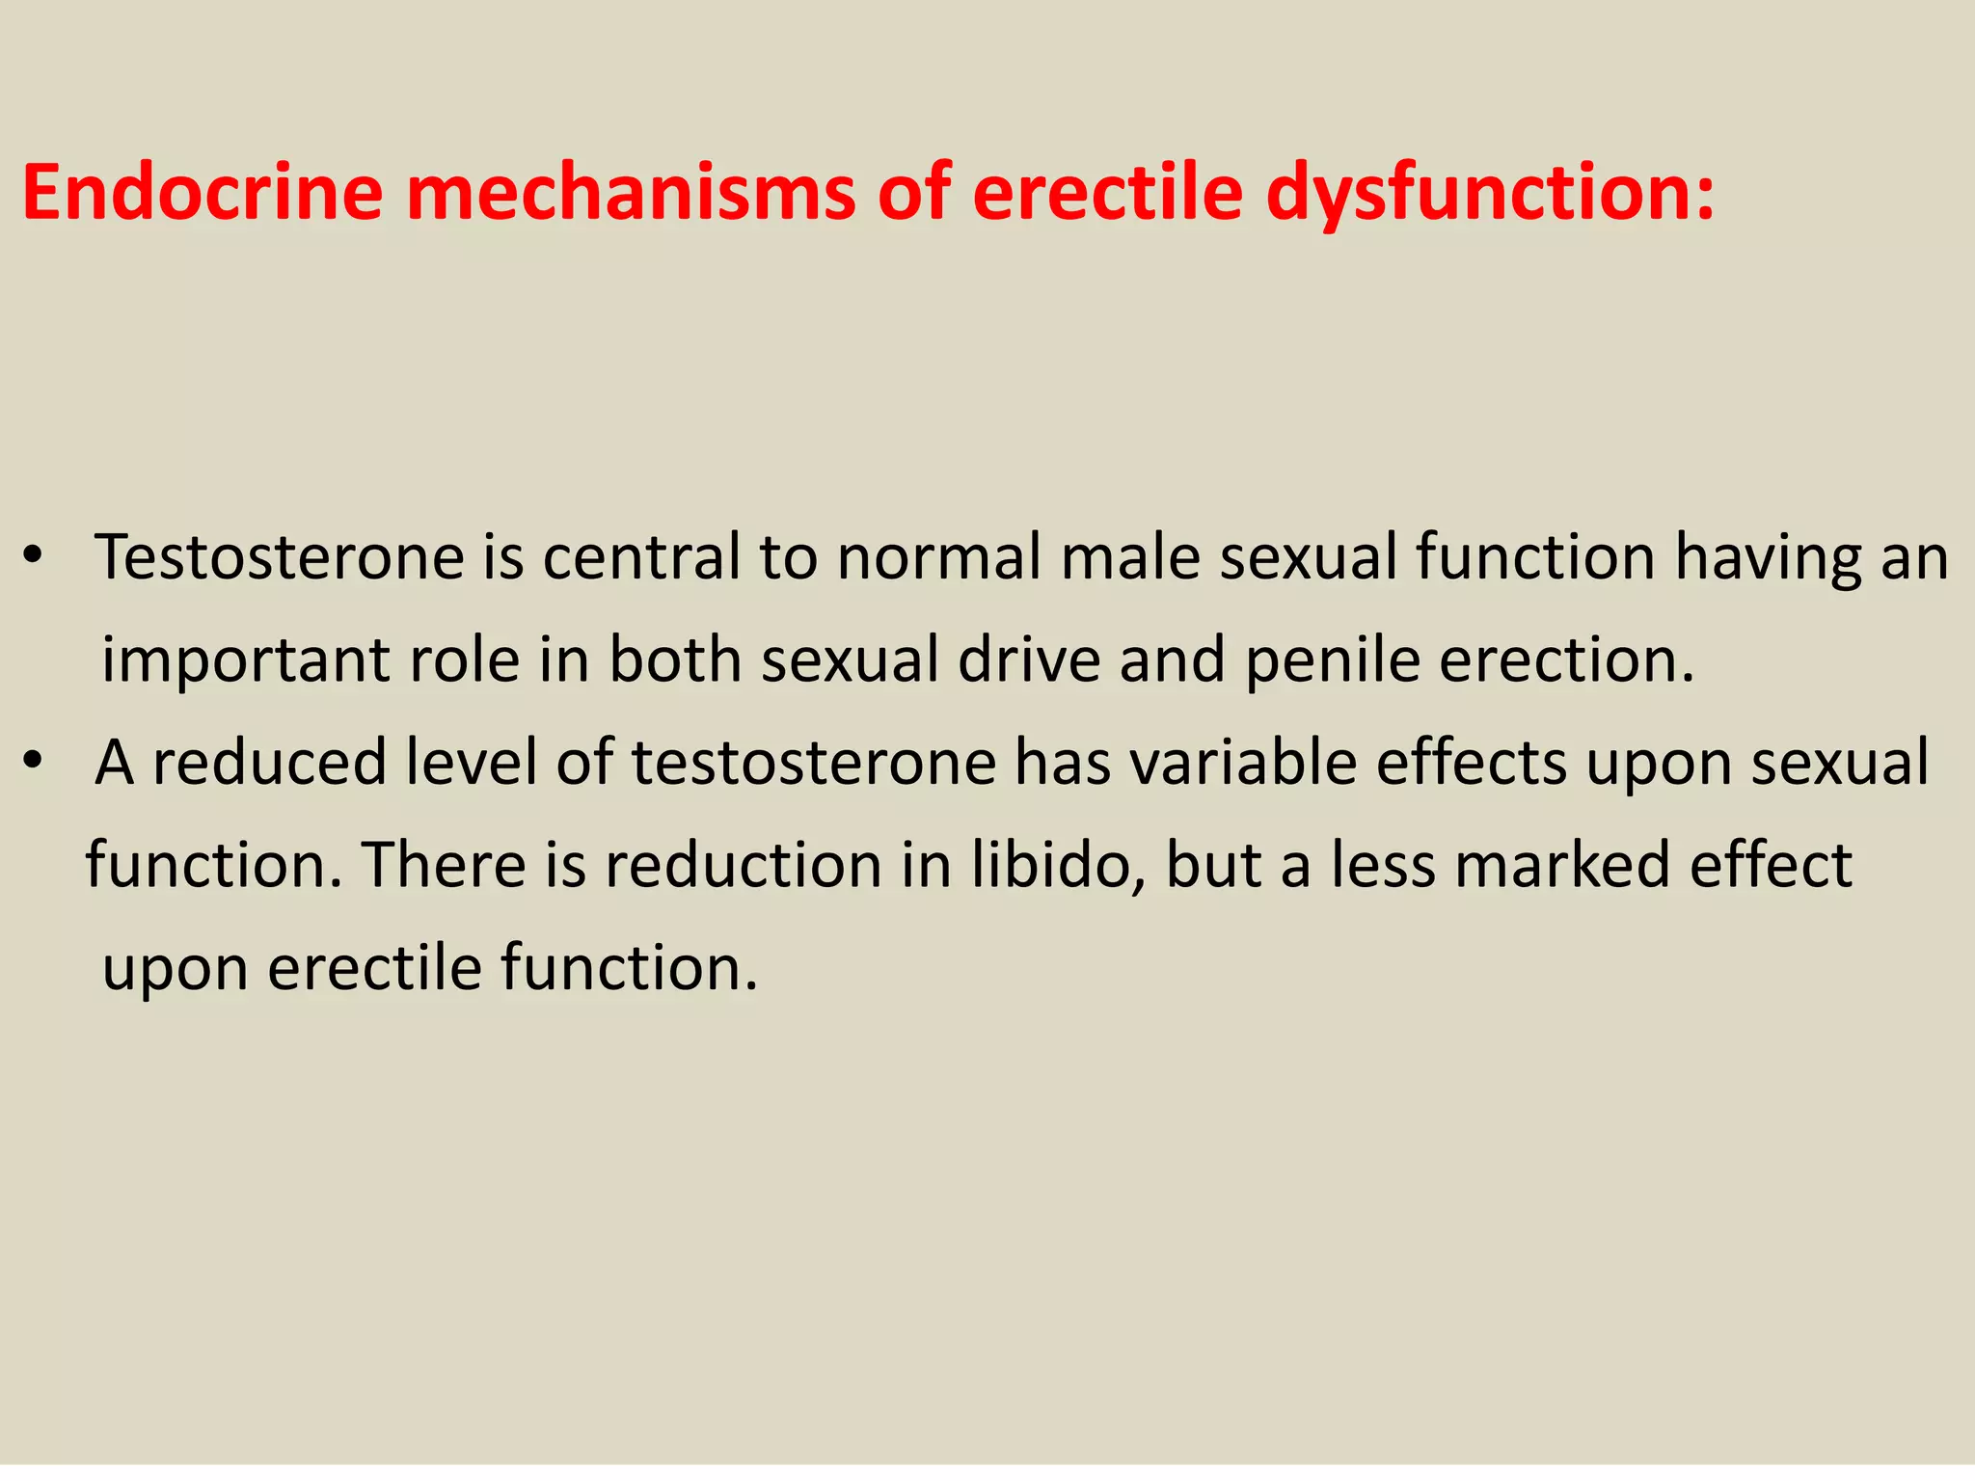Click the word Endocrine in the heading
click(203, 193)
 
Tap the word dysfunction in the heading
click(1490, 193)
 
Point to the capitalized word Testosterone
click(281, 558)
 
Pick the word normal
click(939, 558)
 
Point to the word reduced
click(270, 763)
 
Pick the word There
click(443, 865)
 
